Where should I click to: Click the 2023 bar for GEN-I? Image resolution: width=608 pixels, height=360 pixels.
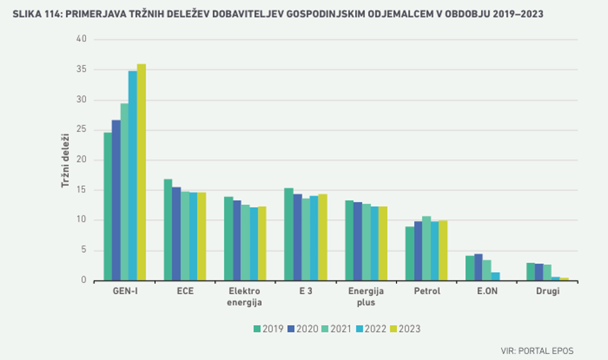coord(141,173)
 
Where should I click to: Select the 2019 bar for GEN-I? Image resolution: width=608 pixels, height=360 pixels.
coord(108,207)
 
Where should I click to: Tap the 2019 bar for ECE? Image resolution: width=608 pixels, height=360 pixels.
coord(168,230)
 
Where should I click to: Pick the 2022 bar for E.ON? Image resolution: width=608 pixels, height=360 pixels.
coord(495,277)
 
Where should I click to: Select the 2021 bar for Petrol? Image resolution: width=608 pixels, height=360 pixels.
coord(426,248)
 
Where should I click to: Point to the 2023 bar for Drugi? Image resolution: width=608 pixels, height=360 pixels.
coord(565,279)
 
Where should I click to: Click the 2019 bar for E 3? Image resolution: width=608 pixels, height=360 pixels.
coord(288,235)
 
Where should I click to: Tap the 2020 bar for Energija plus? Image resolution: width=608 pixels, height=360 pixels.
coord(358,242)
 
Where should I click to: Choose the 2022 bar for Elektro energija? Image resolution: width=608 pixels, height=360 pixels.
coord(254,244)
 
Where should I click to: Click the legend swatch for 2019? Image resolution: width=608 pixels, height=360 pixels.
coord(257,329)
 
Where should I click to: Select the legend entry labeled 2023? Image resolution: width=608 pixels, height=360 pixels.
coord(409,329)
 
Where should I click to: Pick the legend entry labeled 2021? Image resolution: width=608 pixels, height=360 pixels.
coord(342,329)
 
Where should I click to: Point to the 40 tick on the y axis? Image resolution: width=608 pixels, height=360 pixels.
coord(81,39)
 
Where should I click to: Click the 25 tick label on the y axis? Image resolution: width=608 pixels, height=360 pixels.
coord(81,130)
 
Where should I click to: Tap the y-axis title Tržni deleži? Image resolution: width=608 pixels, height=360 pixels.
coord(65,160)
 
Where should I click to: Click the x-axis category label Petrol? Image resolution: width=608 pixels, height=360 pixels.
coord(427,291)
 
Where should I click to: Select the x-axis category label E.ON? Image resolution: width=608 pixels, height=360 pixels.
coord(487,291)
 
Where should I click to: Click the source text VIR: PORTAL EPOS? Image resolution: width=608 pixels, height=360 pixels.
coord(536,350)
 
